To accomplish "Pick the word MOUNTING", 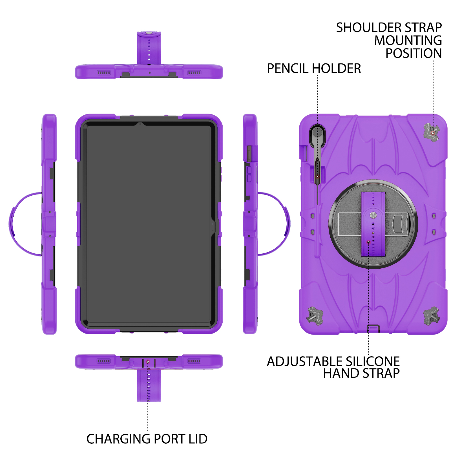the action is click(x=408, y=40).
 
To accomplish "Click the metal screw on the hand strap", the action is click(x=373, y=215).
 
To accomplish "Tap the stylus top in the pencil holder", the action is click(x=317, y=132).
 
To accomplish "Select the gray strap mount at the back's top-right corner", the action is click(x=432, y=132).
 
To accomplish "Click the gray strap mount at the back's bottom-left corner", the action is click(x=315, y=316).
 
